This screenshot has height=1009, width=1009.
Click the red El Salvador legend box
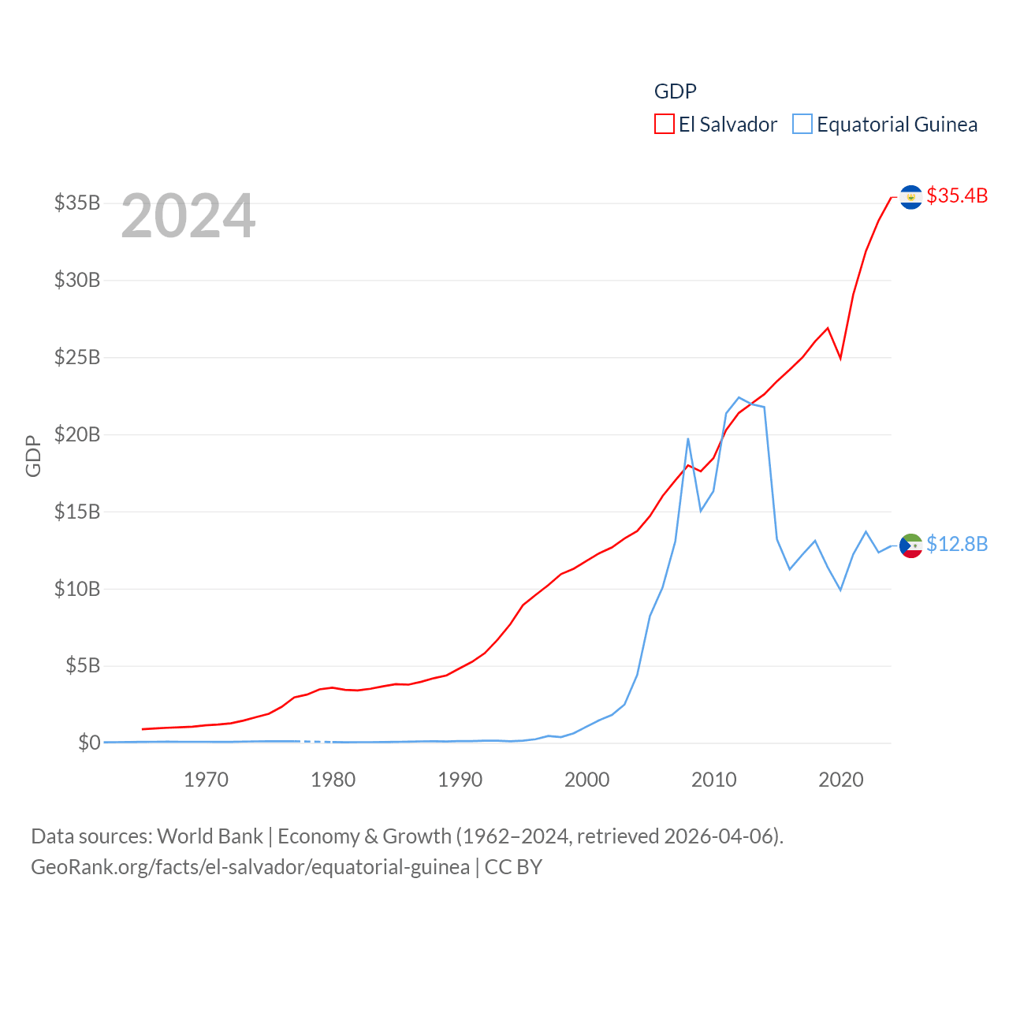(664, 125)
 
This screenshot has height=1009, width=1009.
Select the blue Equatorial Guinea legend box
(802, 125)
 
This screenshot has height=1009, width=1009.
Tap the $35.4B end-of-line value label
(957, 195)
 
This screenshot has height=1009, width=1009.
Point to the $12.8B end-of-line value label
(957, 544)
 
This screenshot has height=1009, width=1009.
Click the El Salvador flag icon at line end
(910, 197)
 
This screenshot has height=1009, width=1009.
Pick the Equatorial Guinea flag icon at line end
(910, 545)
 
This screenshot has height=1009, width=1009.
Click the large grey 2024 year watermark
(188, 216)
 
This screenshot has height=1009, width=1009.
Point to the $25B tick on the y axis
(77, 357)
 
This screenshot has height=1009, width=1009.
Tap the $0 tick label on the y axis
(89, 743)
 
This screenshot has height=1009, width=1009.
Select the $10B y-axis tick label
(77, 589)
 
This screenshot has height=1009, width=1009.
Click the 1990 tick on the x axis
(460, 780)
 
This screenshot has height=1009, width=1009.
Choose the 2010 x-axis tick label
(714, 780)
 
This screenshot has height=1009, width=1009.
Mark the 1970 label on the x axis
(207, 780)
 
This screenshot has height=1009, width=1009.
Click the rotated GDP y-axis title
(33, 456)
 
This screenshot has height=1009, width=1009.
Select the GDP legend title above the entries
(676, 91)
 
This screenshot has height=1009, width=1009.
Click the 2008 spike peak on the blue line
(688, 439)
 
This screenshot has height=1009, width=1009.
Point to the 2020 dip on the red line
(840, 358)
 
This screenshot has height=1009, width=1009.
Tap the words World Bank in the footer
(210, 836)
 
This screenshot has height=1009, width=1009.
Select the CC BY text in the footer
(513, 867)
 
